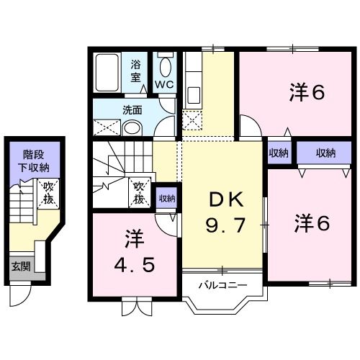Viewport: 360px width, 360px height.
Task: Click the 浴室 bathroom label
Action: pyautogui.click(x=137, y=70)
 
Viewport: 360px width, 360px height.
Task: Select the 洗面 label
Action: pyautogui.click(x=131, y=110)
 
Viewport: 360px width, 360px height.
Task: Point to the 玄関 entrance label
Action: pyautogui.click(x=20, y=266)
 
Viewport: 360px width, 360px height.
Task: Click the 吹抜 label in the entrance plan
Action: pyautogui.click(x=49, y=192)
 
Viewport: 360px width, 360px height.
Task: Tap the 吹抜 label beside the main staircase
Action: pyautogui.click(x=140, y=190)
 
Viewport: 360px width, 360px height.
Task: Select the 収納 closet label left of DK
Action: pyautogui.click(x=167, y=198)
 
